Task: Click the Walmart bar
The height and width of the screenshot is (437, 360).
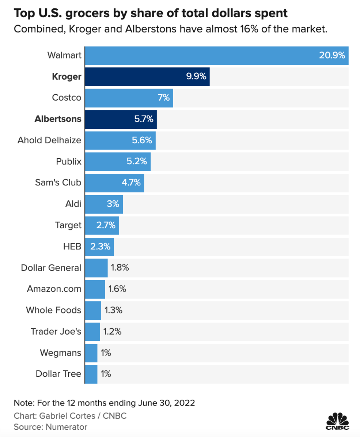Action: (x=216, y=56)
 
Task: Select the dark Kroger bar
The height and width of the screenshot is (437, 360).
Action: (x=147, y=77)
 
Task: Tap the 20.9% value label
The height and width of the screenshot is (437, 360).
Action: (x=332, y=56)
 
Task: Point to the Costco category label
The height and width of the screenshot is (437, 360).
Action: (x=67, y=98)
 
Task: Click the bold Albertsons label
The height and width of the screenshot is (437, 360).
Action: (x=58, y=119)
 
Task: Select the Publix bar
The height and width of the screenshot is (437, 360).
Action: (x=118, y=161)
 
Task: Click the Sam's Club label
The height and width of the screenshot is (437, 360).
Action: (x=58, y=182)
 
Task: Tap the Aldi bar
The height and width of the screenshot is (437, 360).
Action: (x=104, y=204)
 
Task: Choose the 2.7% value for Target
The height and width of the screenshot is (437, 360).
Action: (x=106, y=225)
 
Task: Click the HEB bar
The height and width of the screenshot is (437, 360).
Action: (x=99, y=246)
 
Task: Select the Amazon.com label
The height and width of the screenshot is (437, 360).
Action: (x=54, y=289)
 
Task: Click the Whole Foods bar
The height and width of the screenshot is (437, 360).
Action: (x=93, y=310)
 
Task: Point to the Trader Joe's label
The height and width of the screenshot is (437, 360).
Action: (x=56, y=332)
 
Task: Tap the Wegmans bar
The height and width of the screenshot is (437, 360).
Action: (x=91, y=353)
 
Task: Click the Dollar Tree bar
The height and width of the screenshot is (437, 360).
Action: (x=91, y=374)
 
